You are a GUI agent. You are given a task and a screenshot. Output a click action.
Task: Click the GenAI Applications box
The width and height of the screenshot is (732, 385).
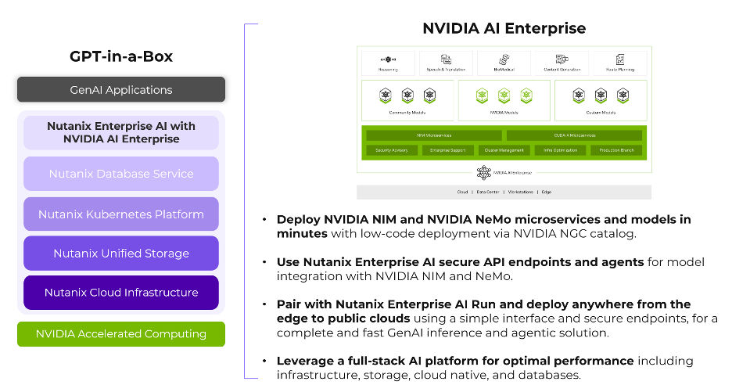(x=121, y=90)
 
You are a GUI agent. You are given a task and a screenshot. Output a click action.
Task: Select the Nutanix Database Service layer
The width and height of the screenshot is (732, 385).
(x=121, y=174)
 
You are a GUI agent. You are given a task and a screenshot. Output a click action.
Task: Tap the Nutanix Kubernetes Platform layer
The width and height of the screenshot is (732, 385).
(x=121, y=214)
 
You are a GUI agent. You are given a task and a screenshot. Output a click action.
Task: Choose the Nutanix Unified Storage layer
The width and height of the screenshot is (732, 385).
(x=121, y=254)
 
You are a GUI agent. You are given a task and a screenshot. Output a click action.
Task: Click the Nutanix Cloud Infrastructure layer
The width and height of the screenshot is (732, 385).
(x=121, y=293)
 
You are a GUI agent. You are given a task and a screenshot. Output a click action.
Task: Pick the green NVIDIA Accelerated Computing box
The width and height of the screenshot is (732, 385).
(x=121, y=334)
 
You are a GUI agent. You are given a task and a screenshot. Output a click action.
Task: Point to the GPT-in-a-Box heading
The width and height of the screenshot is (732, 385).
(x=121, y=56)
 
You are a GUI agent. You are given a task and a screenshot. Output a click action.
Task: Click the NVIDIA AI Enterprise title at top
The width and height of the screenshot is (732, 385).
(x=504, y=29)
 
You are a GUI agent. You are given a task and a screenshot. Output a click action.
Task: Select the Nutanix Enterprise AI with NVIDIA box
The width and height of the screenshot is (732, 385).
(x=121, y=132)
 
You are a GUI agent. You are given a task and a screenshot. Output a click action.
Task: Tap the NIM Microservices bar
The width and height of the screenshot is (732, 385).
(x=431, y=135)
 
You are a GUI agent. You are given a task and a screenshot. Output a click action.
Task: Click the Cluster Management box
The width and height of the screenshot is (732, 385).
(x=504, y=149)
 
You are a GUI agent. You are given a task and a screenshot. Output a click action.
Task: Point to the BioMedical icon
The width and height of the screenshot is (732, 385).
(x=504, y=59)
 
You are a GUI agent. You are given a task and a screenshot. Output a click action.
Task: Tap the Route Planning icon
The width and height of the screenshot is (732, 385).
(x=619, y=59)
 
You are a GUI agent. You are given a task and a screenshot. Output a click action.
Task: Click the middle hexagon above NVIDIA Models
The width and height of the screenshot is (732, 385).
(x=504, y=96)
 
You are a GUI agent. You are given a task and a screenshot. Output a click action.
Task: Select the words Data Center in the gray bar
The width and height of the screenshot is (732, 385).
(x=488, y=192)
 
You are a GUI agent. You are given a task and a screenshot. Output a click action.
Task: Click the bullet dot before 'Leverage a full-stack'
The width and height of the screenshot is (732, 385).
(x=266, y=362)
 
